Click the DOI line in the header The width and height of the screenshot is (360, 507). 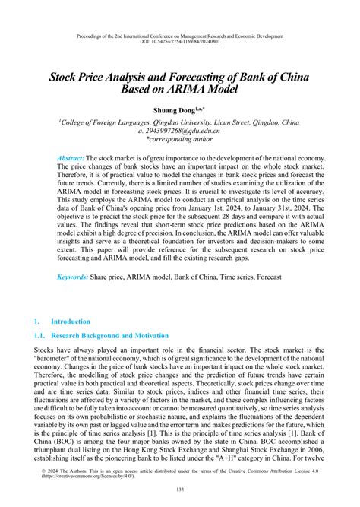(x=180, y=43)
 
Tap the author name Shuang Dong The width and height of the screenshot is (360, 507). (x=176, y=109)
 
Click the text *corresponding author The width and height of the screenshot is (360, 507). (x=180, y=141)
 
